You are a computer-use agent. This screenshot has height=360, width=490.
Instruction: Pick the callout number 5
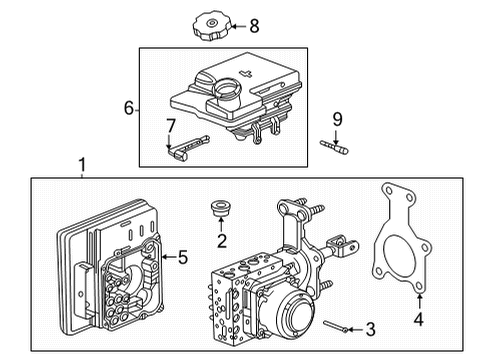182,257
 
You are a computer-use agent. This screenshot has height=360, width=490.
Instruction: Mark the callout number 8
253,26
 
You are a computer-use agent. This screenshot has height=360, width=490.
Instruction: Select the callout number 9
337,120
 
